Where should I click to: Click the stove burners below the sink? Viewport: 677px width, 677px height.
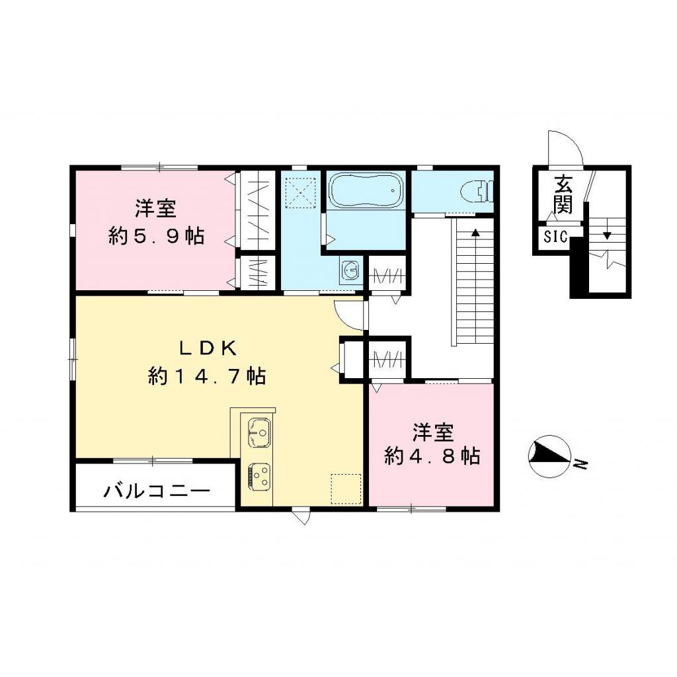[x=258, y=475]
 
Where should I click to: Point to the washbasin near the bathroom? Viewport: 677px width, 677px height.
[x=351, y=270]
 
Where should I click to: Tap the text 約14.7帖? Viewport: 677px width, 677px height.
[x=206, y=376]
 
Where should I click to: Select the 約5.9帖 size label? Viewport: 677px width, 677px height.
[x=156, y=236]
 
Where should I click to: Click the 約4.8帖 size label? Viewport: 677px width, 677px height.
[x=432, y=456]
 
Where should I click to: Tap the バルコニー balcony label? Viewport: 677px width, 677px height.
[x=157, y=491]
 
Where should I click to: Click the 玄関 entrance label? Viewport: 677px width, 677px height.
[x=563, y=194]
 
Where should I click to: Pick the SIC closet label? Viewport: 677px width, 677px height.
[x=556, y=237]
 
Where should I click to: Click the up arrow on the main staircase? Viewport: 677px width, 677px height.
[x=475, y=233]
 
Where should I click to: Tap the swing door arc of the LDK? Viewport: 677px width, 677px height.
[x=350, y=315]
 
